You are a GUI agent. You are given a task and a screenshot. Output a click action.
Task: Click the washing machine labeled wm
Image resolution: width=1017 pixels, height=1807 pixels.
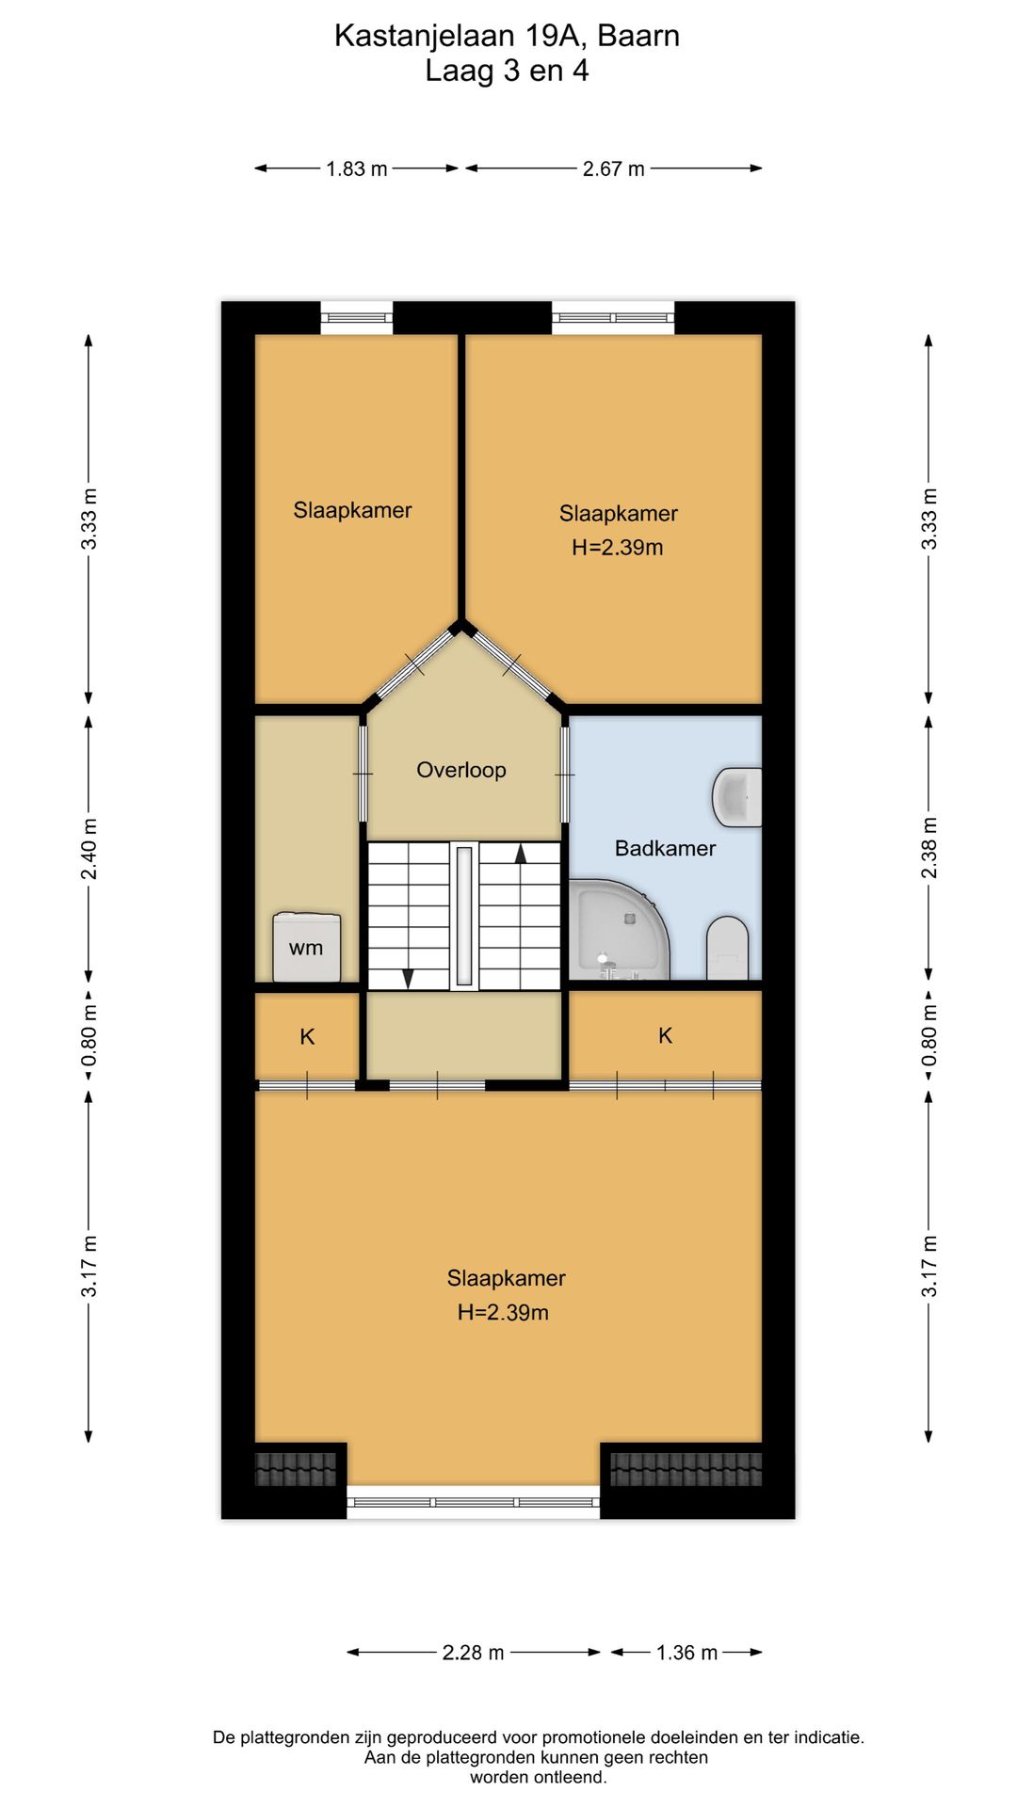pyautogui.click(x=307, y=947)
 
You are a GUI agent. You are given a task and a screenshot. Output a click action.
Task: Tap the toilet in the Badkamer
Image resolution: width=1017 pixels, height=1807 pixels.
pyautogui.click(x=727, y=948)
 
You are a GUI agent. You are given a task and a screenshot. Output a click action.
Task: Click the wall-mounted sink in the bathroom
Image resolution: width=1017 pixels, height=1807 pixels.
pyautogui.click(x=737, y=796)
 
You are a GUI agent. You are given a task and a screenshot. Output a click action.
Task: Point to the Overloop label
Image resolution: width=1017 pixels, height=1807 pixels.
pyautogui.click(x=461, y=770)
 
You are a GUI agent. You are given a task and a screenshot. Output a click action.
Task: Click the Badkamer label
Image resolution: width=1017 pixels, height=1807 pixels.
pyautogui.click(x=665, y=848)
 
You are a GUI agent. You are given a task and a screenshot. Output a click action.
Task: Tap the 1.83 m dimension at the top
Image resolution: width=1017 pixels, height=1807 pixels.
pyautogui.click(x=357, y=169)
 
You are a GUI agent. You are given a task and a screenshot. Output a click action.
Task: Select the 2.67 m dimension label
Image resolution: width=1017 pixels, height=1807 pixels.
pyautogui.click(x=613, y=169)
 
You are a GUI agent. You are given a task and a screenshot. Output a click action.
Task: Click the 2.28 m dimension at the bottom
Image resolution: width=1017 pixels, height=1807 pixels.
pyautogui.click(x=473, y=1652)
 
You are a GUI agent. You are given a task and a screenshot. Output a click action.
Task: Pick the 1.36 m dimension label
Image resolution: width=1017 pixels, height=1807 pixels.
pyautogui.click(x=686, y=1652)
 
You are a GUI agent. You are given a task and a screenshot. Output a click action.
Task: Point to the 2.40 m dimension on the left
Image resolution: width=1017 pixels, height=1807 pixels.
pyautogui.click(x=89, y=849)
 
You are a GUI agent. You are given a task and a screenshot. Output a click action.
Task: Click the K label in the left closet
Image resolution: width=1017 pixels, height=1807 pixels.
pyautogui.click(x=307, y=1037)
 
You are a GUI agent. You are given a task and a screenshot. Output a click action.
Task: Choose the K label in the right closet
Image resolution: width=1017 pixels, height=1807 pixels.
pyautogui.click(x=665, y=1036)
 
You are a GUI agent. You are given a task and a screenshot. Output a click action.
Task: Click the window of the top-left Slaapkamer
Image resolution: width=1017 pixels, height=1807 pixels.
pyautogui.click(x=357, y=318)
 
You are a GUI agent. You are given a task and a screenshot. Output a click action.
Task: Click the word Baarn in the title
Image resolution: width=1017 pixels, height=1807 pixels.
pyautogui.click(x=638, y=36)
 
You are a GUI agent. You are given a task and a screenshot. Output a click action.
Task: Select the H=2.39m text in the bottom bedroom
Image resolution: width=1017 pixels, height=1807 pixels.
pyautogui.click(x=503, y=1312)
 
